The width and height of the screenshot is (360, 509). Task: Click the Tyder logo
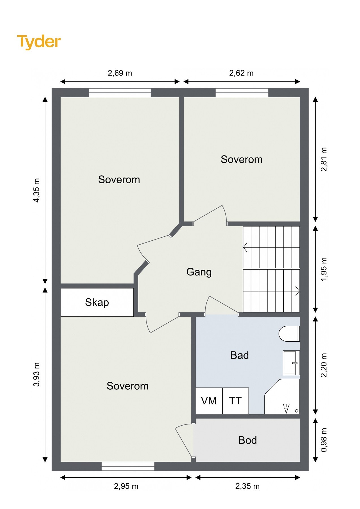coord(39,42)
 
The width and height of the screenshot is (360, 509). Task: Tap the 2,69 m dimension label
coord(120,73)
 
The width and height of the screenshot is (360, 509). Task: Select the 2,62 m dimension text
coord(241,73)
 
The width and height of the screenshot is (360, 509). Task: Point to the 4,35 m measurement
coord(37,190)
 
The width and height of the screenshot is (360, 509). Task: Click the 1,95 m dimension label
coord(324,269)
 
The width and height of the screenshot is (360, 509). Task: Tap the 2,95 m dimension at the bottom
coord(126,486)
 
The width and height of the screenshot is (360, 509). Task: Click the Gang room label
coord(199,272)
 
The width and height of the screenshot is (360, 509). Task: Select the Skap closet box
coord(97,302)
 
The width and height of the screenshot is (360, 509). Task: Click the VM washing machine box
coord(209,401)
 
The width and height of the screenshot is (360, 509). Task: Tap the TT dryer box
coord(236,401)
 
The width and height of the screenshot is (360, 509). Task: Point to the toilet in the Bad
coord(289,334)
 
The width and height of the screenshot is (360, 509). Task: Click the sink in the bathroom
coord(291,363)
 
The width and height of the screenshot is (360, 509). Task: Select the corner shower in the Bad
coord(282,396)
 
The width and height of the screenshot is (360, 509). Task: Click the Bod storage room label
coord(247,440)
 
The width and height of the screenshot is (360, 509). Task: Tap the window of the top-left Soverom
coord(120,93)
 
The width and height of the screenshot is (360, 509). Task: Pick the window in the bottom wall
coord(128,466)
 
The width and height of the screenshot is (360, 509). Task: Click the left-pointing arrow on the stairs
coord(245,247)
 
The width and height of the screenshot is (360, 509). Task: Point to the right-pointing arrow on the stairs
coord(297,291)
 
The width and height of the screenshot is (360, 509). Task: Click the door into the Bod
coord(184,441)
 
